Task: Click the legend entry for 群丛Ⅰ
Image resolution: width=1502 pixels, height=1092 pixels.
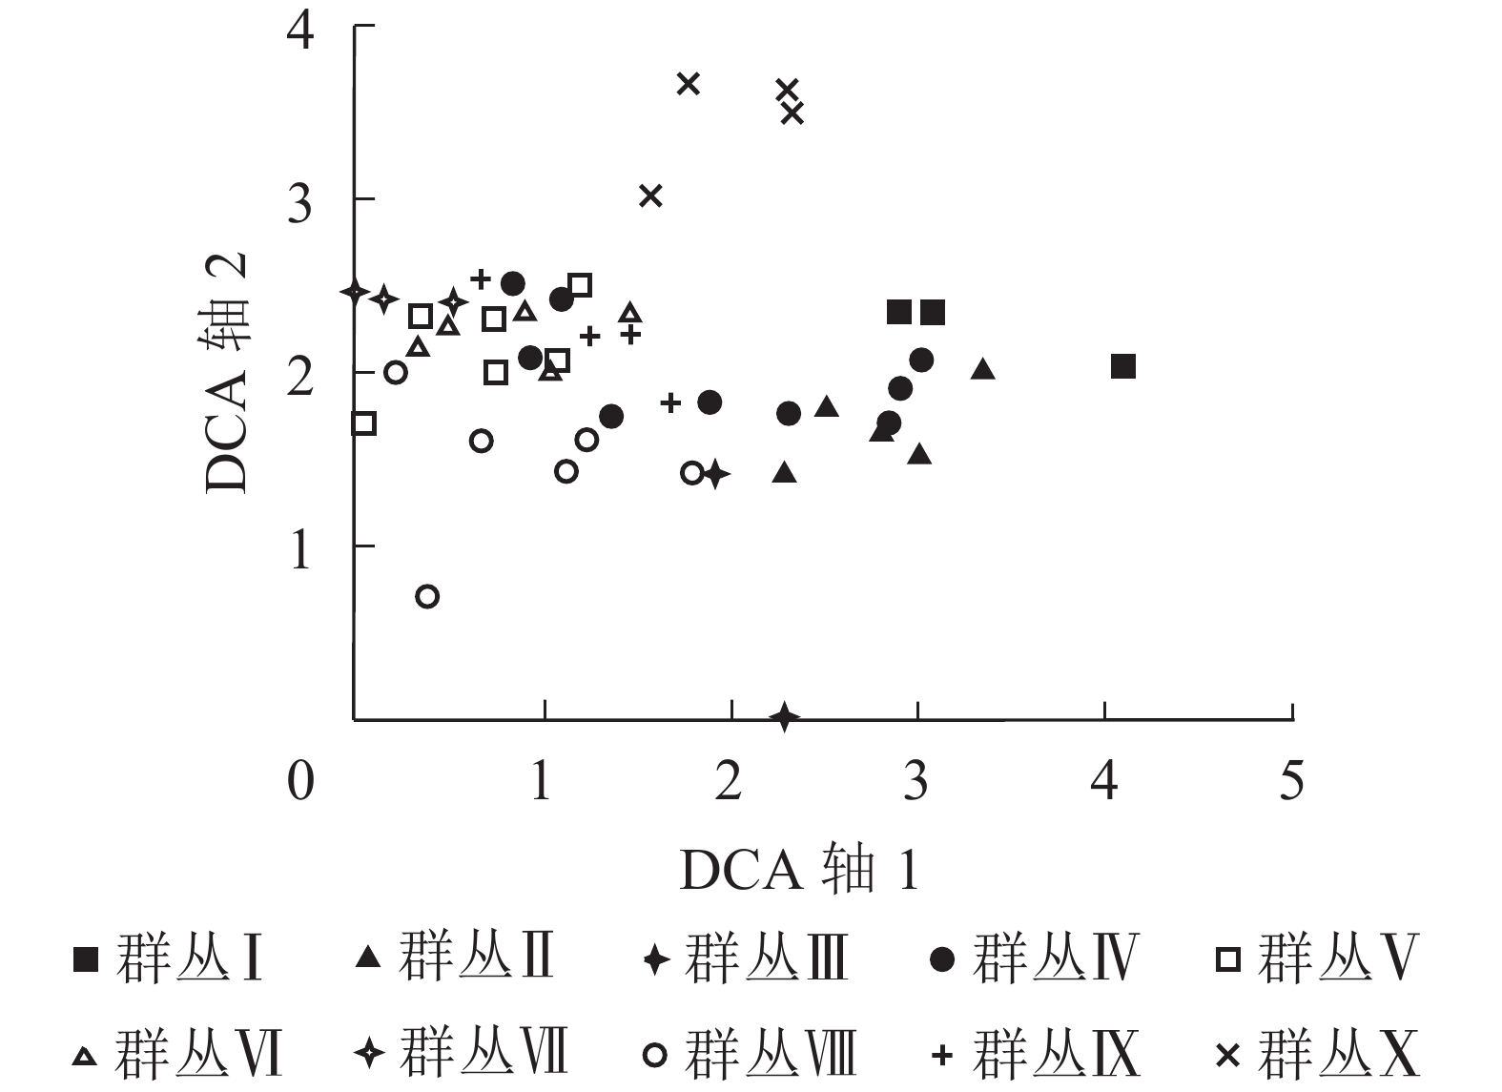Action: point(168,958)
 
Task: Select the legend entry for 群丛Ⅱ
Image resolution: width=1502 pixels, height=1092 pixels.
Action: point(454,957)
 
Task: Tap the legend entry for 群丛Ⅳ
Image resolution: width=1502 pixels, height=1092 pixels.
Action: point(1034,958)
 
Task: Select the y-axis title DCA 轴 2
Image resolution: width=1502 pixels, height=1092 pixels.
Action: point(227,372)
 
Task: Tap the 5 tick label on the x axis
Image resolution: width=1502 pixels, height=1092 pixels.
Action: point(1291,781)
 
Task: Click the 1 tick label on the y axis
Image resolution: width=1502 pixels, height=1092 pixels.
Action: point(300,548)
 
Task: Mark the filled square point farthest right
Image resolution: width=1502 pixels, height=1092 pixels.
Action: point(1123,366)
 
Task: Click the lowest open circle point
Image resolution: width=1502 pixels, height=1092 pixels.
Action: point(427,597)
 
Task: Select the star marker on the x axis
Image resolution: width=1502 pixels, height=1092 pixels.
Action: point(785,716)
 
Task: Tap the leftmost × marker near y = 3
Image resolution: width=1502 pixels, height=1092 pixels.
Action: point(650,196)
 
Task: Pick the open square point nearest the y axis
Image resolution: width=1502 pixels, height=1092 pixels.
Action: point(363,423)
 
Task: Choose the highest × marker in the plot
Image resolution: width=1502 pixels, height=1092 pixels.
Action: point(689,84)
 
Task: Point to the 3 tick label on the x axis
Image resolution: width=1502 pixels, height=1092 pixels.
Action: point(916,781)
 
